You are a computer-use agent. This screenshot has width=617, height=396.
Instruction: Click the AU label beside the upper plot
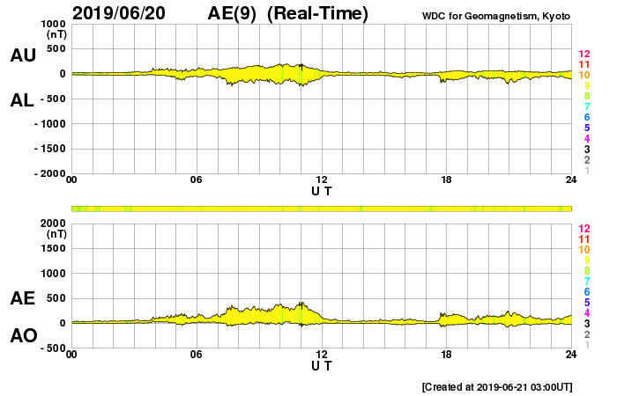(23, 55)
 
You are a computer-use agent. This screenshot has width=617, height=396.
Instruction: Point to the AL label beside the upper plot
(23, 99)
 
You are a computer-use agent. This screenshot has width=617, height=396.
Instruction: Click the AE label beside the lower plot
(23, 298)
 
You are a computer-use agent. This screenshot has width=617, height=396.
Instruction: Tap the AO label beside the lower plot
(23, 335)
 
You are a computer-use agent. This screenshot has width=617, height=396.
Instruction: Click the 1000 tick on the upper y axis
(54, 24)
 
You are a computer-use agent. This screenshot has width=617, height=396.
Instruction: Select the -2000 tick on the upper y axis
(50, 174)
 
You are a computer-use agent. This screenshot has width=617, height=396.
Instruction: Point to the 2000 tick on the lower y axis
(54, 224)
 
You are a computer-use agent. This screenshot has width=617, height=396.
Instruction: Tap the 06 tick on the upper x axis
(197, 180)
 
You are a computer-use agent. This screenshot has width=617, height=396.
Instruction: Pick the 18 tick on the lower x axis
(447, 354)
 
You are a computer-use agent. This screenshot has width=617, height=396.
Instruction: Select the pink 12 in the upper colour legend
(584, 55)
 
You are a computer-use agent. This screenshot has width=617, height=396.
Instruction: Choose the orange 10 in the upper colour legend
(584, 76)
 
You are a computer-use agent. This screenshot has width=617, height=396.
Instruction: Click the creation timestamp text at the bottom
(497, 386)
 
